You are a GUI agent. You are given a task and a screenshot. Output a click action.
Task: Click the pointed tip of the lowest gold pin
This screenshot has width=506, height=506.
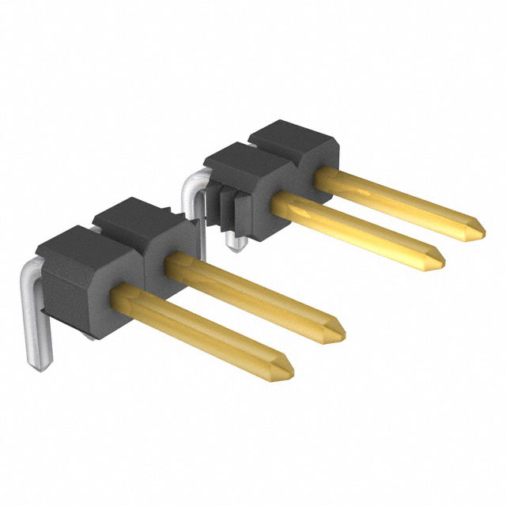point(290,368)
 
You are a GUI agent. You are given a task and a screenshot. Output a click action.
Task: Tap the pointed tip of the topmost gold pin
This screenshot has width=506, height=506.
point(483,228)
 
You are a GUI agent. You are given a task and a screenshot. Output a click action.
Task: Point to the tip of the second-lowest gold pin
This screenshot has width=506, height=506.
point(342,327)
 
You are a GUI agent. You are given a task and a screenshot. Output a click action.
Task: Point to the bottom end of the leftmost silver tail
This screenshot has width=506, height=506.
point(36,364)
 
